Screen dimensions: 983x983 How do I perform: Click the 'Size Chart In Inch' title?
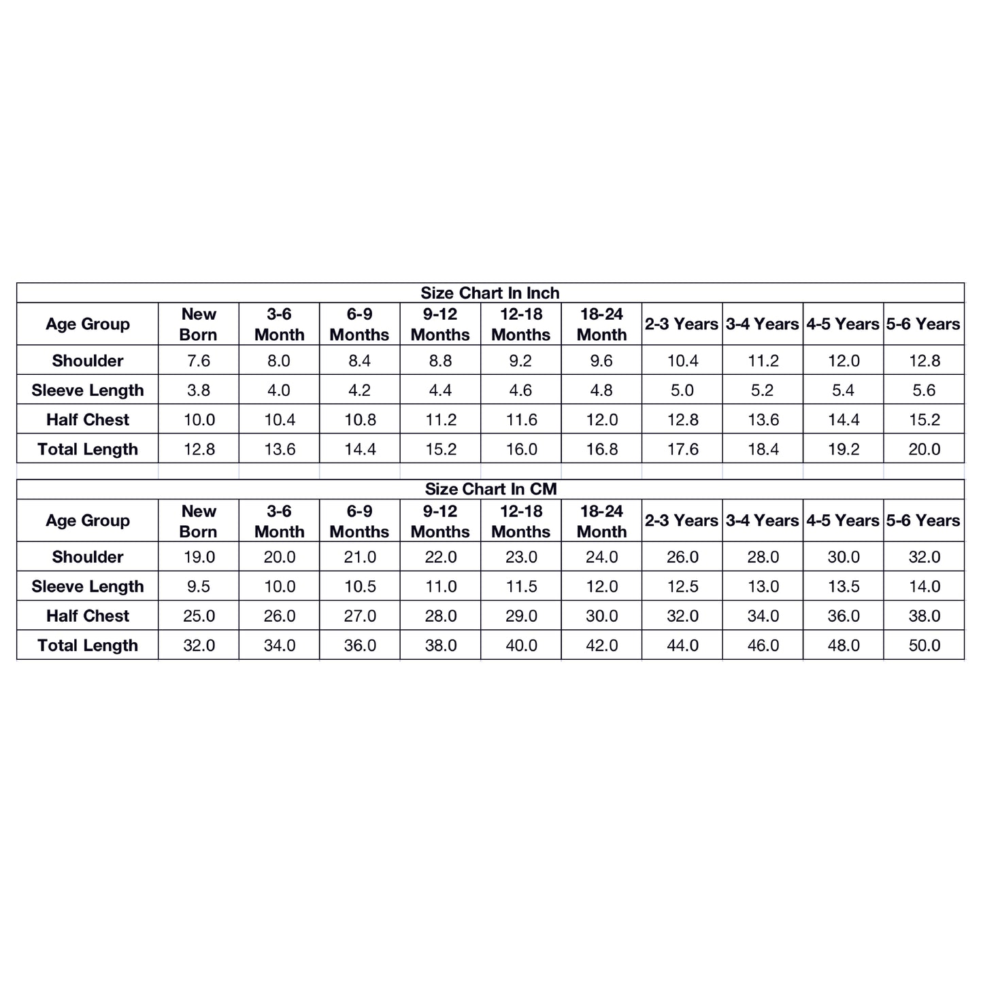pyautogui.click(x=490, y=293)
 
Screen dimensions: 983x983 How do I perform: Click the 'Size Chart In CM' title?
pyautogui.click(x=490, y=489)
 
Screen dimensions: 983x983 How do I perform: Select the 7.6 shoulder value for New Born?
pyautogui.click(x=199, y=361)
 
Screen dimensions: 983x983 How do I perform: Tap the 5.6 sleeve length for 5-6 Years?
pyautogui.click(x=924, y=390)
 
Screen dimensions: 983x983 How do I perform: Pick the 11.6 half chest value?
pyautogui.click(x=521, y=420)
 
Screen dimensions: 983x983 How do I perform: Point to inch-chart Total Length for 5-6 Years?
pyautogui.click(x=924, y=450)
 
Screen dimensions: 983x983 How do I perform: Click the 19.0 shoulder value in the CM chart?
pyautogui.click(x=199, y=557)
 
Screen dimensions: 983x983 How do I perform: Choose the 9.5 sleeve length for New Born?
pyautogui.click(x=199, y=586)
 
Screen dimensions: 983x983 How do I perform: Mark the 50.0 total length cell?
pyautogui.click(x=924, y=646)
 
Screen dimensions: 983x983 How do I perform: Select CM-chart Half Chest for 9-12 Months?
pyautogui.click(x=441, y=616)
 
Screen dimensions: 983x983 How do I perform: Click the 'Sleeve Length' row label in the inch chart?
pyautogui.click(x=88, y=390)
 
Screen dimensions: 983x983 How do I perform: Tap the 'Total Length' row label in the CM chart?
pyautogui.click(x=88, y=646)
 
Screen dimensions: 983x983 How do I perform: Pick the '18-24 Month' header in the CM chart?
pyautogui.click(x=601, y=521)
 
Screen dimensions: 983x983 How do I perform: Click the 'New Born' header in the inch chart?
pyautogui.click(x=199, y=324)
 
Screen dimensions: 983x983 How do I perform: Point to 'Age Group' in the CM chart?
pyautogui.click(x=88, y=521)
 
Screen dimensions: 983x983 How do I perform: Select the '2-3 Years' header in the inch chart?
pyautogui.click(x=682, y=324)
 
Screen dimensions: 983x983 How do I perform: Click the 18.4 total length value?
pyautogui.click(x=763, y=450)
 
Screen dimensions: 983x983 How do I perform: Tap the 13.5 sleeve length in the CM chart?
pyautogui.click(x=844, y=586)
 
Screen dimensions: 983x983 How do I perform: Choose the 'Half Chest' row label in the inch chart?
pyautogui.click(x=88, y=420)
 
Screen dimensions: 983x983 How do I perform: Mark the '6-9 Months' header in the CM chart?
pyautogui.click(x=359, y=521)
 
